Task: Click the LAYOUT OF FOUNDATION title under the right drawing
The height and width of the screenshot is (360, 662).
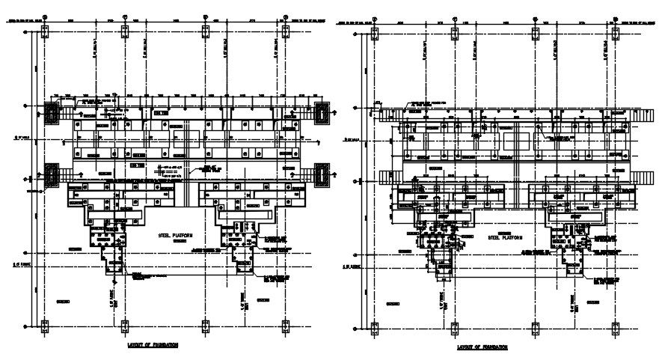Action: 482,348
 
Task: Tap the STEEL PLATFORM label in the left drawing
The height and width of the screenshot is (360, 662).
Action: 175,235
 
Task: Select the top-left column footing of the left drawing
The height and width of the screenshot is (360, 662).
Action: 43,30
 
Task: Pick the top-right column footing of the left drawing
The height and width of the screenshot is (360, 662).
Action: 285,30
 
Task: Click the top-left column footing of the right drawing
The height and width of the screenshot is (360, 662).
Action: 375,32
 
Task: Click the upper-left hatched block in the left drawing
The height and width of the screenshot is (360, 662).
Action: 53,113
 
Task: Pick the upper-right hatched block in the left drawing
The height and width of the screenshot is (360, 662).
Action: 322,113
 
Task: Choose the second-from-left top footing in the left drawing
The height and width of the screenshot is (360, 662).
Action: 124,30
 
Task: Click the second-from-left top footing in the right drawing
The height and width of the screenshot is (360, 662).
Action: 455,32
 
